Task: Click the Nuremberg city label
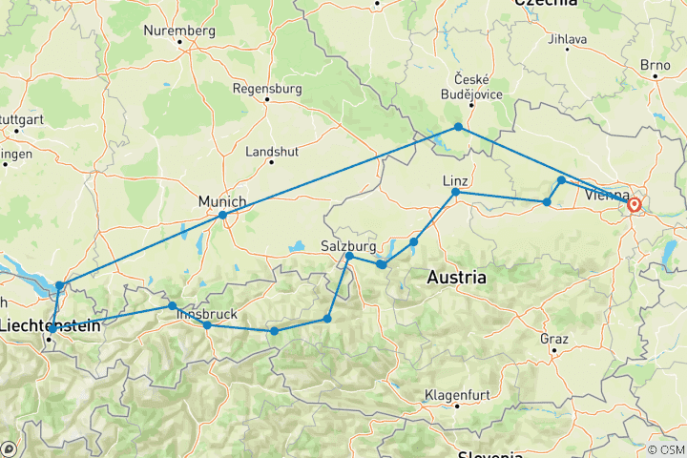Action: click(x=179, y=31)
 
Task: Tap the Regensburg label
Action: click(x=267, y=89)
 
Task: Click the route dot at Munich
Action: click(x=222, y=215)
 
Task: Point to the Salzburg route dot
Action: click(x=349, y=256)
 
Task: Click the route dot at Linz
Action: click(x=455, y=193)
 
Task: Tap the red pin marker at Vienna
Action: click(x=634, y=203)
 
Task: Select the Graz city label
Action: click(x=553, y=339)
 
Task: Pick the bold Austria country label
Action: click(x=456, y=278)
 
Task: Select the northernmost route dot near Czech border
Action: click(x=458, y=127)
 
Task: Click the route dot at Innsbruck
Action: click(x=207, y=325)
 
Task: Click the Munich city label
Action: click(x=222, y=201)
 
